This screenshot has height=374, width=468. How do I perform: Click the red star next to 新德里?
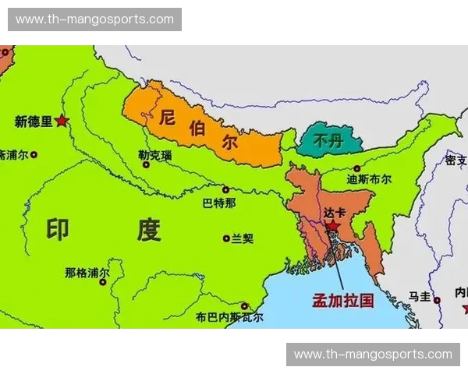62,121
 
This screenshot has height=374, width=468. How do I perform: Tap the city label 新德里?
34,121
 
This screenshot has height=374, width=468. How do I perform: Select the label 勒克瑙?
154,155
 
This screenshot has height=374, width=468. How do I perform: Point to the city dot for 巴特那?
225,189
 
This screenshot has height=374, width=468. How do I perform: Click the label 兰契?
243,238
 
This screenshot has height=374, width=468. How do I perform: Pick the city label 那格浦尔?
87,273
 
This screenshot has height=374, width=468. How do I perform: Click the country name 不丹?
327,142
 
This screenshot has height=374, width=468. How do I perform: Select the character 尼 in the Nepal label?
166,118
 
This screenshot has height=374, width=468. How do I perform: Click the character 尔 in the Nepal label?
229,143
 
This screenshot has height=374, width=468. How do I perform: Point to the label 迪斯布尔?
369,178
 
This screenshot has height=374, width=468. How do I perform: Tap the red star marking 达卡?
333,227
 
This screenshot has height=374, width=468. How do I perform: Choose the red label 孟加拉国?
343,300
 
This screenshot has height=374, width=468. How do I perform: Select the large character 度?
148,229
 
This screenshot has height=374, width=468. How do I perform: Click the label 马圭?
420,296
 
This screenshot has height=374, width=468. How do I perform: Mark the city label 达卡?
334,212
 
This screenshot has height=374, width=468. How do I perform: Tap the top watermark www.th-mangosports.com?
94,19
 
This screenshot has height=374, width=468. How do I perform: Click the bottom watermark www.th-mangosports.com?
372,355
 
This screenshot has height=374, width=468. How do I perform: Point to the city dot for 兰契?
225,238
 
